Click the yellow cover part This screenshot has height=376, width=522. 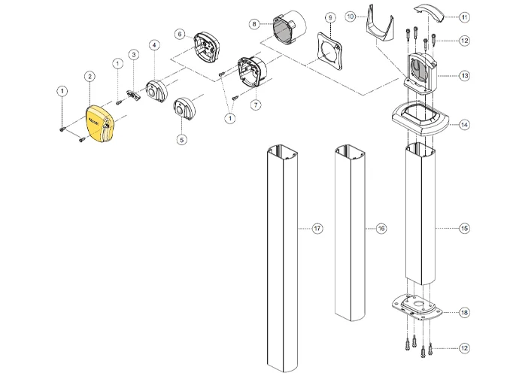[x=100, y=125]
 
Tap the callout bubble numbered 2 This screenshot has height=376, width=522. [x=90, y=76]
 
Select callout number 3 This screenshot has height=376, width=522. [x=133, y=55]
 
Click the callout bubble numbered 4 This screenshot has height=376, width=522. [x=153, y=45]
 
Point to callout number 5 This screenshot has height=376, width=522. [x=181, y=138]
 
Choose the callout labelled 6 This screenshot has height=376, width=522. [x=180, y=34]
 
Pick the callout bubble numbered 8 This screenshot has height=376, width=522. [x=255, y=24]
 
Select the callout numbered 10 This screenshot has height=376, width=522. [x=350, y=16]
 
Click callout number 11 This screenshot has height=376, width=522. [x=463, y=17]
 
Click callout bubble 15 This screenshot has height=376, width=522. [x=463, y=228]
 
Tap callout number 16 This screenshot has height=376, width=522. [x=381, y=227]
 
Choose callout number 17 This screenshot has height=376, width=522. [x=317, y=227]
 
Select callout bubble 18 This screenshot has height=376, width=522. [x=463, y=311]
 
